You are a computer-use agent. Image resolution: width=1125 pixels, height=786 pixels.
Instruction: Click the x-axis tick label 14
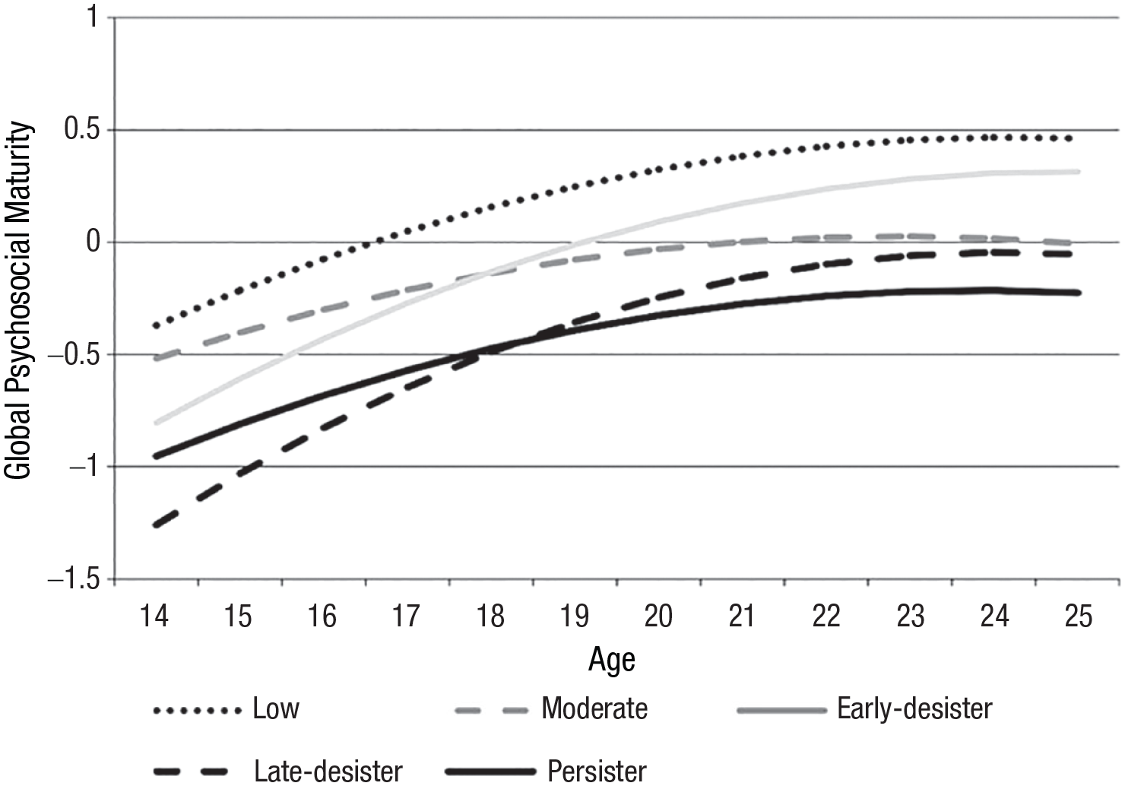click(154, 616)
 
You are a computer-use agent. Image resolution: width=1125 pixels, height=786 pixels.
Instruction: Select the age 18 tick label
click(491, 616)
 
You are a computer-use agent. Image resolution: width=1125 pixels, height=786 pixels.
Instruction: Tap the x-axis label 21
click(743, 616)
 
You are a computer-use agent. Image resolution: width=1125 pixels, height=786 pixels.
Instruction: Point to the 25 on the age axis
click(1079, 616)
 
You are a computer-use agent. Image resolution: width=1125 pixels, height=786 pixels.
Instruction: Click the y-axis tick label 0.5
click(83, 129)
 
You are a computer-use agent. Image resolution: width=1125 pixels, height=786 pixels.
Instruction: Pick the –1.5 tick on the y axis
click(74, 579)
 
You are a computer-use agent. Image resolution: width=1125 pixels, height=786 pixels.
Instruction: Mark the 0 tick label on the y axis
click(93, 242)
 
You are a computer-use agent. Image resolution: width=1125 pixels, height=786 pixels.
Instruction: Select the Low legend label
click(276, 708)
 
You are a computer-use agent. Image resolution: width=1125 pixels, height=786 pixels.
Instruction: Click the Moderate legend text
click(594, 708)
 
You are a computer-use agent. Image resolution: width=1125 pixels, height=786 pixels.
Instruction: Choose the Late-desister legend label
click(328, 771)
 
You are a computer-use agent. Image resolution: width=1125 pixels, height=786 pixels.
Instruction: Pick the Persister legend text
click(597, 771)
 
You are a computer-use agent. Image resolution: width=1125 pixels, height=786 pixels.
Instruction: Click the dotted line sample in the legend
click(197, 711)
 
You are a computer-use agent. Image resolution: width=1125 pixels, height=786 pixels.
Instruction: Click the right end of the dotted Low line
click(1070, 138)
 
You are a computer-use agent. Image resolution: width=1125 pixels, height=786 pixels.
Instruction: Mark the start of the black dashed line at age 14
click(155, 525)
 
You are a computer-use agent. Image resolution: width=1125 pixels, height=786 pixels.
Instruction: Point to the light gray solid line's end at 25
click(1079, 172)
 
